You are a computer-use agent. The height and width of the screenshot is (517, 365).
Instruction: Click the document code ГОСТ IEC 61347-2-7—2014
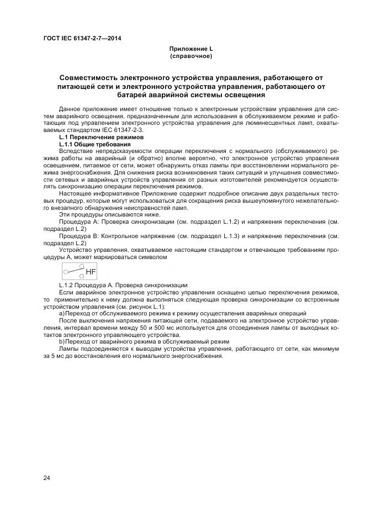click(x=82, y=38)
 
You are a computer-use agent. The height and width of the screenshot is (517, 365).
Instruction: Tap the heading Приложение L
click(x=191, y=49)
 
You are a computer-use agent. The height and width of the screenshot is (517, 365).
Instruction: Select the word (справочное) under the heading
click(x=191, y=56)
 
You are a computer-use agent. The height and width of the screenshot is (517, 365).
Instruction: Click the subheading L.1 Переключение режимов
click(x=101, y=137)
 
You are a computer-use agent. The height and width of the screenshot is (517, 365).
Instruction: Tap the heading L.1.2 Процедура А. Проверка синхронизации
click(x=123, y=285)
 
